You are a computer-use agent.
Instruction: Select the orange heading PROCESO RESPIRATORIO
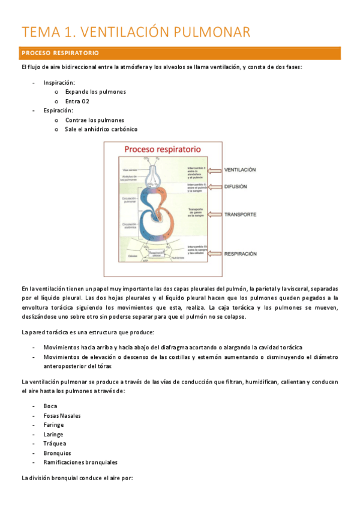60,53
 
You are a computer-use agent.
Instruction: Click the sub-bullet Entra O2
77,101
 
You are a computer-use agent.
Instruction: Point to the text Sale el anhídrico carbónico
101,129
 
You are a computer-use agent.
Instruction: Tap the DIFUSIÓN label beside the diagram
236,187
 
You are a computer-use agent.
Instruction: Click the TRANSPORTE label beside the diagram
241,214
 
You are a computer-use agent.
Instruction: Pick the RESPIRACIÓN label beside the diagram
241,254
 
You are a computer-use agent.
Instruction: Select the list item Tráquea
55,444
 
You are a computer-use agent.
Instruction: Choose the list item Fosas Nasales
62,415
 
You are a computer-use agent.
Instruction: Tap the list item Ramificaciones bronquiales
80,462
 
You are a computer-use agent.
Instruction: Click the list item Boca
50,406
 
